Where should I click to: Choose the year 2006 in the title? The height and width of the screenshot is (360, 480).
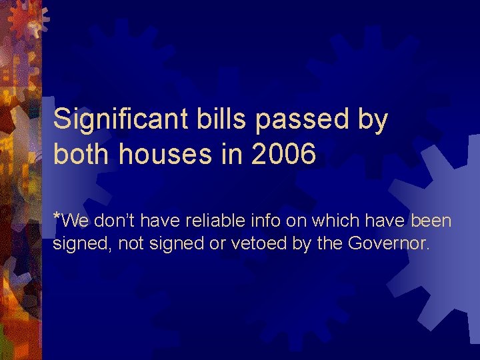(x=281, y=155)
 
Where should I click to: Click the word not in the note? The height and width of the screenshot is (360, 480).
(x=131, y=244)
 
